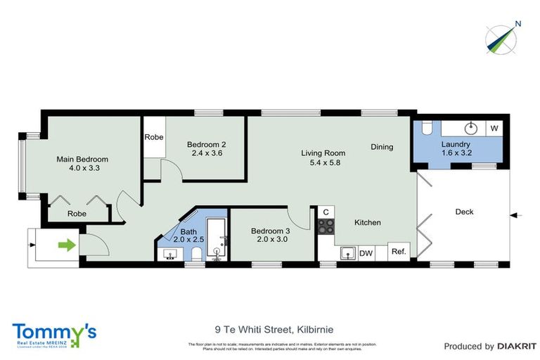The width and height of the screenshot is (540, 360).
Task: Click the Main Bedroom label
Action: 82,160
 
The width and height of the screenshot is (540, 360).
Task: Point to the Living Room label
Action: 323,153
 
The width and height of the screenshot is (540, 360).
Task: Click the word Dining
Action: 382,147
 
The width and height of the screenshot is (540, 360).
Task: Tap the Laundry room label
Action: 456,144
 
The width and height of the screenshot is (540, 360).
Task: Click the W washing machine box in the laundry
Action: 494,128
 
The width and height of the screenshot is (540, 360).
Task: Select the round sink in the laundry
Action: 472,128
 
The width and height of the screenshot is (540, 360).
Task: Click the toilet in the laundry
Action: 426,129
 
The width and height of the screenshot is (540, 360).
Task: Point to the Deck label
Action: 465,211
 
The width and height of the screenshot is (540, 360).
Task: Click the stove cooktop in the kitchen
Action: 326,226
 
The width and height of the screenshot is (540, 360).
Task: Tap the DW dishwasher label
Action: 366,253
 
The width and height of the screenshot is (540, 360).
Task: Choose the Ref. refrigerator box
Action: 398,252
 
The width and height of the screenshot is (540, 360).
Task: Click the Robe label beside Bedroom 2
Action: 153,137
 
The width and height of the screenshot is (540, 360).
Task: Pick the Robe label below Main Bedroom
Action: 77,214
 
